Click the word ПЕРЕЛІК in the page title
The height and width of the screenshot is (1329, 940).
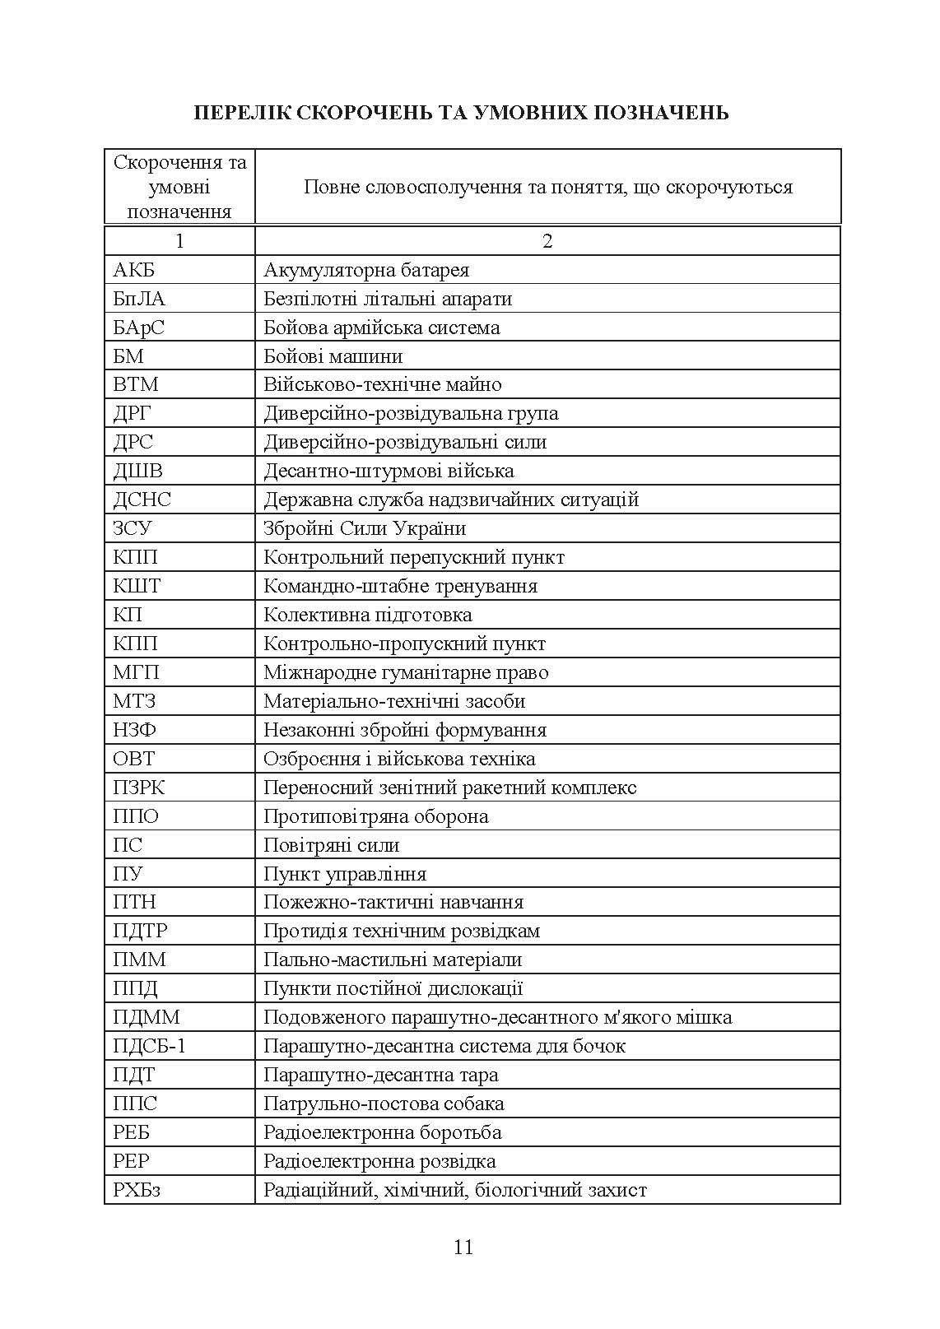click(240, 112)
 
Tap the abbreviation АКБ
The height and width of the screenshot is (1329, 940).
click(133, 270)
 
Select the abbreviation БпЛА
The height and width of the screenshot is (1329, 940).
click(138, 299)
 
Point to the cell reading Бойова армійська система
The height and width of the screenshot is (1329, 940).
click(381, 328)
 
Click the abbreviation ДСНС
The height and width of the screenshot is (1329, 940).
click(142, 500)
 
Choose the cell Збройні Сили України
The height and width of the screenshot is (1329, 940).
click(365, 528)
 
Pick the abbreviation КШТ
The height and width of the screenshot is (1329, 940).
click(137, 586)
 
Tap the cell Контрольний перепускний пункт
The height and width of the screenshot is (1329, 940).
click(413, 557)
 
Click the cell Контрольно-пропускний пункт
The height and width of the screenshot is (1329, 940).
click(404, 644)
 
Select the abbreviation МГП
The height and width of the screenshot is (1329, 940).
click(136, 672)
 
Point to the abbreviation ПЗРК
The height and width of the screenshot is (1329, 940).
click(138, 788)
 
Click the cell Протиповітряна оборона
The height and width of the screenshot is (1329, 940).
click(375, 816)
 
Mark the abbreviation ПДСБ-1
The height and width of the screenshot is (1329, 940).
click(151, 1046)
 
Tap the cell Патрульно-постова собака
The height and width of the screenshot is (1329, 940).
click(384, 1104)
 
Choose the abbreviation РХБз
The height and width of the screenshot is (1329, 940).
click(136, 1190)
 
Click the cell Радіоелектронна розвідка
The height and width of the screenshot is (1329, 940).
click(379, 1161)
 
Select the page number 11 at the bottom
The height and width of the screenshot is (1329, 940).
click(463, 1247)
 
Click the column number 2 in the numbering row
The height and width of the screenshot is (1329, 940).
click(547, 241)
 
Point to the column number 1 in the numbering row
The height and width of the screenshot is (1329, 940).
click(179, 241)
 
